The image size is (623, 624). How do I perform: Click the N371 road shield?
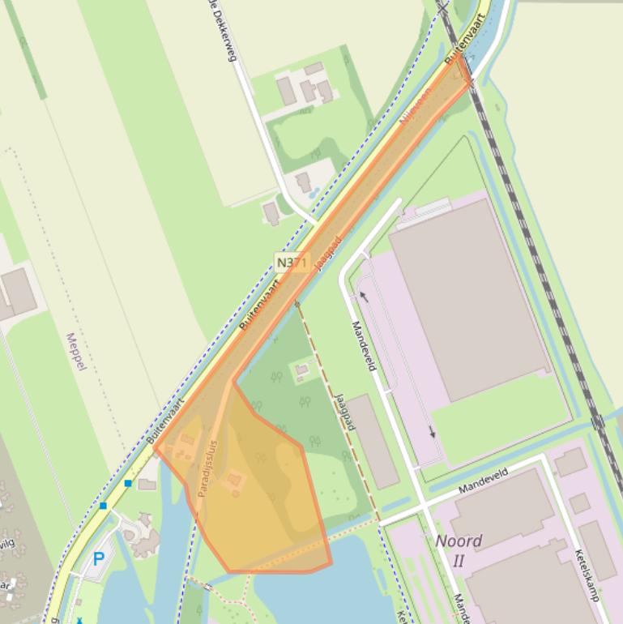(292, 263)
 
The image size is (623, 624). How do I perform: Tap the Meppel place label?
(75, 351)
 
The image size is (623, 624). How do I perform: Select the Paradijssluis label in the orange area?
(208, 468)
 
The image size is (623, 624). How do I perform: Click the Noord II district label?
(459, 549)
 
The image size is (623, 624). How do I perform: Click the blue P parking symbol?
(99, 558)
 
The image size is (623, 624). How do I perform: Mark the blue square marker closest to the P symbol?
(103, 506)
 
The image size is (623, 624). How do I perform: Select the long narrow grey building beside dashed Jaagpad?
(373, 441)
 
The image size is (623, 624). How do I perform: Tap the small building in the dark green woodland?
(301, 370)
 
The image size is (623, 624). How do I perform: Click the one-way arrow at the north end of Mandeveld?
(364, 297)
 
